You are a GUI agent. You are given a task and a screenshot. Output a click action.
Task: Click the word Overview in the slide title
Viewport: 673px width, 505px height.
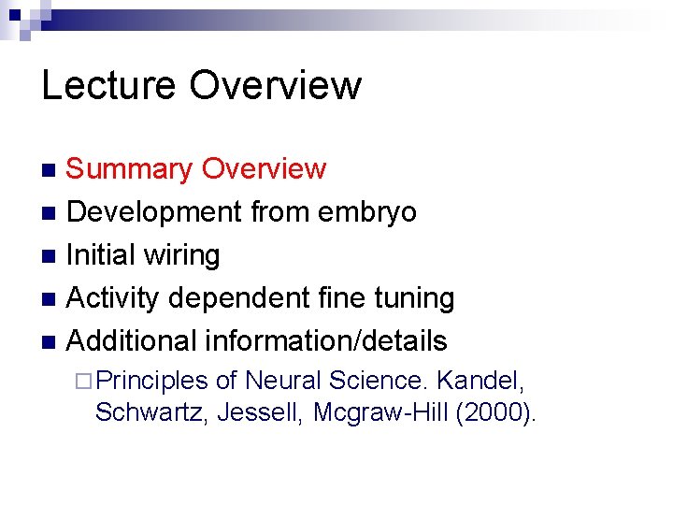(x=275, y=85)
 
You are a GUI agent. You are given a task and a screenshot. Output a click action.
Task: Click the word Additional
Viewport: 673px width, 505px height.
(x=136, y=340)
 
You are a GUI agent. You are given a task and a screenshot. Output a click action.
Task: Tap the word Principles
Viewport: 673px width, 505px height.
(x=151, y=381)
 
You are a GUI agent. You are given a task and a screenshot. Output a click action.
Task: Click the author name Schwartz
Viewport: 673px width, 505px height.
(x=151, y=412)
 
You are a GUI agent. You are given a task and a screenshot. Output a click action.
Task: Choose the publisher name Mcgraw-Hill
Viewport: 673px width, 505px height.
(x=380, y=412)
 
